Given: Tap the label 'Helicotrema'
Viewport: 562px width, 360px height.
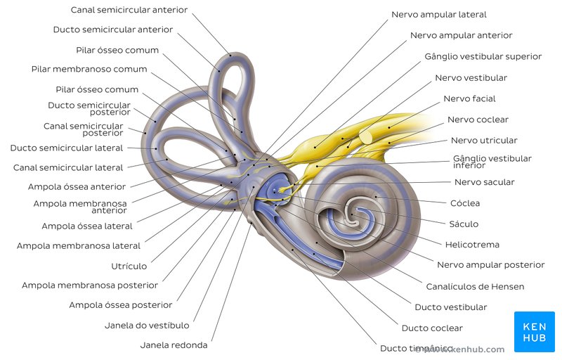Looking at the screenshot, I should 472,245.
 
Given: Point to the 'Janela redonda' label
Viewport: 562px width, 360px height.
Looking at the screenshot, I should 174,345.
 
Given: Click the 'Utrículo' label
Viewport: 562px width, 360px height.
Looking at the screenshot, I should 129,266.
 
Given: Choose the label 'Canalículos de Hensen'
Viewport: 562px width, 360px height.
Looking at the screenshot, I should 475,286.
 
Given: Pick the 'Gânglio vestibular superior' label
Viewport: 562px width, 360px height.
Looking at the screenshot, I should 483,56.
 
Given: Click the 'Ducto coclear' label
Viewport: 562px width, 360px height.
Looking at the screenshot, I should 432,328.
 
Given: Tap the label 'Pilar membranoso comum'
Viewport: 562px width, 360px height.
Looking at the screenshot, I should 89,69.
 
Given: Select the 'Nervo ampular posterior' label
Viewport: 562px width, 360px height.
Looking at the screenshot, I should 490,265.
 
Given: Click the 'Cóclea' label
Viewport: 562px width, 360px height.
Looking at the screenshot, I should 464,203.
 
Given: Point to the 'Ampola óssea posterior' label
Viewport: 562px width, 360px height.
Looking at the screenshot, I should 120,305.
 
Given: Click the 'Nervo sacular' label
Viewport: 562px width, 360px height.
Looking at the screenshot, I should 484,182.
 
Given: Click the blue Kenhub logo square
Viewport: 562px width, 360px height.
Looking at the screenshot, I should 534,331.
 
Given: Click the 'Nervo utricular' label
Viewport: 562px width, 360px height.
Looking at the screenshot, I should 483,141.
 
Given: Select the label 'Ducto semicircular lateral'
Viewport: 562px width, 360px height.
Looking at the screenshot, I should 66,148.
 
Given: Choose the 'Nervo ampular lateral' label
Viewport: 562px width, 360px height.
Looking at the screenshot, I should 438,14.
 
